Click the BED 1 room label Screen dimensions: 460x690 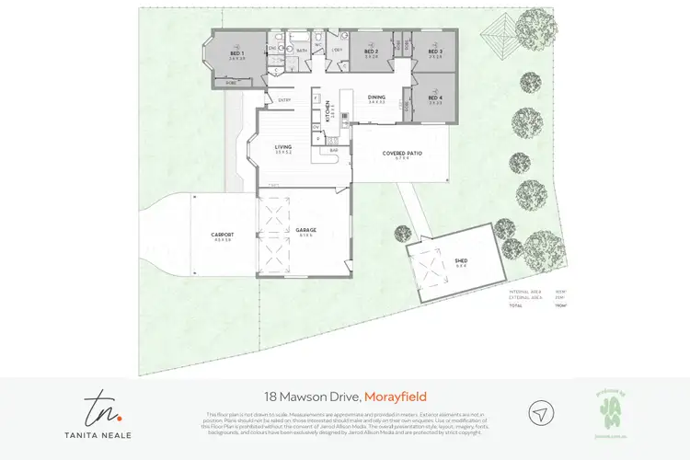[236, 53]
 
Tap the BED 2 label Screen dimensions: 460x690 [371, 52]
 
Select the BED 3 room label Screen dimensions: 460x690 [434, 52]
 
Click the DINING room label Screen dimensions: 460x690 [376, 97]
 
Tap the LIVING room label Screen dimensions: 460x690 [283, 146]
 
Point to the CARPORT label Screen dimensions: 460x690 [222, 235]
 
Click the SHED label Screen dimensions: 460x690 [461, 260]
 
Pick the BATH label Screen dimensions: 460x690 [302, 52]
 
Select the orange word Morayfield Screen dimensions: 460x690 [396, 397]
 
